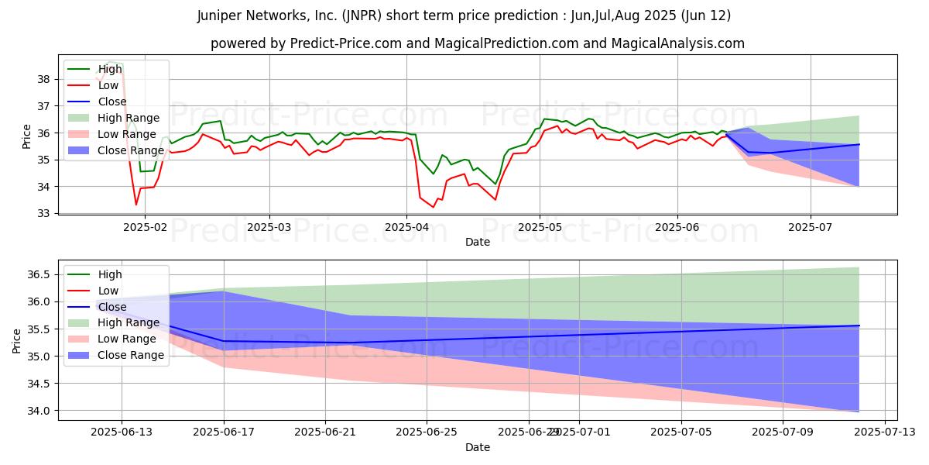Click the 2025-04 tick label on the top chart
[406, 228]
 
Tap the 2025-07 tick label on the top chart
[811, 228]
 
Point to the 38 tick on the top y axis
[43, 79]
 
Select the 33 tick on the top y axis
[43, 214]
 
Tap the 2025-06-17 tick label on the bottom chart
[224, 433]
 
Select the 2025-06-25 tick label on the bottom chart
[427, 433]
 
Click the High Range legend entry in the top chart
[129, 118]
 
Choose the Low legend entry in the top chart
[110, 85]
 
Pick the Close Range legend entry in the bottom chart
[131, 355]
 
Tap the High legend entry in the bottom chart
[110, 274]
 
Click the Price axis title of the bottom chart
[17, 340]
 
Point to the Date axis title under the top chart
[478, 242]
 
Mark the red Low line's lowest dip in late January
[136, 205]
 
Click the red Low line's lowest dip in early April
[433, 207]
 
